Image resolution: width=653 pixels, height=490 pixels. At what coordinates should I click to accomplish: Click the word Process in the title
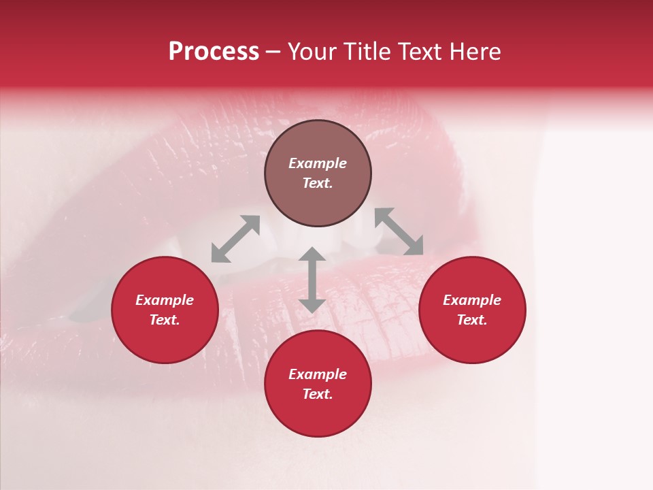(x=214, y=52)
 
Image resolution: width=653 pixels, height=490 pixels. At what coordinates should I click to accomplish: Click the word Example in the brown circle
(x=318, y=163)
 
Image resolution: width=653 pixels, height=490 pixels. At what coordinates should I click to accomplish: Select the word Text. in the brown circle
(x=318, y=183)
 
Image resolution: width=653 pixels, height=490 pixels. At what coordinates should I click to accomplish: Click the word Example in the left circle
(x=165, y=300)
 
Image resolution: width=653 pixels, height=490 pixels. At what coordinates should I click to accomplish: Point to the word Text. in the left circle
(x=165, y=320)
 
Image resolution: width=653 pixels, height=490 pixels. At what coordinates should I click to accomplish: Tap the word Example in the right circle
(x=472, y=300)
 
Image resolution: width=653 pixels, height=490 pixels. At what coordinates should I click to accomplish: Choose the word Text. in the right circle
(x=472, y=320)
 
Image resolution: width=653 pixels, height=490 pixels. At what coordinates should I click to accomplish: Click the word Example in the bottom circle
(x=318, y=374)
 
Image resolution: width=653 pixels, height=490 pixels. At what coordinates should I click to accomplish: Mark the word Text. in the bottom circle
(x=318, y=394)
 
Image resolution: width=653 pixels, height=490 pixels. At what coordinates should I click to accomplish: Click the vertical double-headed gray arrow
(x=312, y=280)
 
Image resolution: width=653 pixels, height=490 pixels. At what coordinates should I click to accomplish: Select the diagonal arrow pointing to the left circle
(x=235, y=239)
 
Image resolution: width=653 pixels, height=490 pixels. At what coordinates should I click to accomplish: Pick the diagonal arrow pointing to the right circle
(x=399, y=231)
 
